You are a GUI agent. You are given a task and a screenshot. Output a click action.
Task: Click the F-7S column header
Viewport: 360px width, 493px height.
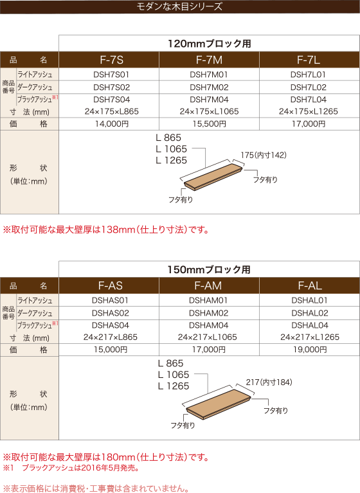click(112, 60)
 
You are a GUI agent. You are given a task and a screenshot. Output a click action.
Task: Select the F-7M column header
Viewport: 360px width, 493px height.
click(209, 60)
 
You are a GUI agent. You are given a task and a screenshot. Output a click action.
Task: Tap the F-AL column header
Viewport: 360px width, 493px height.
click(310, 285)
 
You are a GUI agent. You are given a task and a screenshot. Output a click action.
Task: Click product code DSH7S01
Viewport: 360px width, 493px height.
click(111, 75)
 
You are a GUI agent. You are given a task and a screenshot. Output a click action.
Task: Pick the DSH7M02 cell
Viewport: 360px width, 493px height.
click(209, 87)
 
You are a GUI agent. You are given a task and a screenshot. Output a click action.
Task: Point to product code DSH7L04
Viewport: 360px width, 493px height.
click(309, 100)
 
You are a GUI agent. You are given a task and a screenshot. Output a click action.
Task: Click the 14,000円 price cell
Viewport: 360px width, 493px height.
click(112, 124)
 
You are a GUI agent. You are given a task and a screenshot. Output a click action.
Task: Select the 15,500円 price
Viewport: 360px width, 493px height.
click(209, 124)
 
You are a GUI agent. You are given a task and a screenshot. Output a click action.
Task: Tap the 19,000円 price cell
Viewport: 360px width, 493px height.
click(310, 350)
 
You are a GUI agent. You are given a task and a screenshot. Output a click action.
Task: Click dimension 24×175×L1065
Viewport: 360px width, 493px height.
click(209, 111)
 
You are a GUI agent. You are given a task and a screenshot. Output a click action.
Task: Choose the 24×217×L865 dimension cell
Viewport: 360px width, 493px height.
click(111, 337)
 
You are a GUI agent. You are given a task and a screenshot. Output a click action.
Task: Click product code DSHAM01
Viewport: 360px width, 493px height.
click(208, 300)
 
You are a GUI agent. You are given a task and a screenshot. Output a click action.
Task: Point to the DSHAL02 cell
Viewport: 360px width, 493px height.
click(310, 313)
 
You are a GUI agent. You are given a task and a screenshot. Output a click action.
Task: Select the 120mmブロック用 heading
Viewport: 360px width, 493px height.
click(209, 44)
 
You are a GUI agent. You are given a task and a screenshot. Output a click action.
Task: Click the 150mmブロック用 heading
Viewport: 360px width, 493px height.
click(209, 269)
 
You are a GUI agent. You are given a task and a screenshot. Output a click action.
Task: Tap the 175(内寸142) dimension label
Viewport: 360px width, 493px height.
click(264, 155)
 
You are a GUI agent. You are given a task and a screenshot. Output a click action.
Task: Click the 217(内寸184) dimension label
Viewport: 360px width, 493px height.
click(269, 382)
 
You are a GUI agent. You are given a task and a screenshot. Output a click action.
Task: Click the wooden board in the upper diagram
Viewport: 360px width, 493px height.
click(213, 177)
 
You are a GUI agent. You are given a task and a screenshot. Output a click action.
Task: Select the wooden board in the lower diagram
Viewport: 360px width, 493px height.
click(218, 404)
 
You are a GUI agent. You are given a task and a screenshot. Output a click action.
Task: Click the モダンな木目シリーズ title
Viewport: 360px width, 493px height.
click(179, 6)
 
